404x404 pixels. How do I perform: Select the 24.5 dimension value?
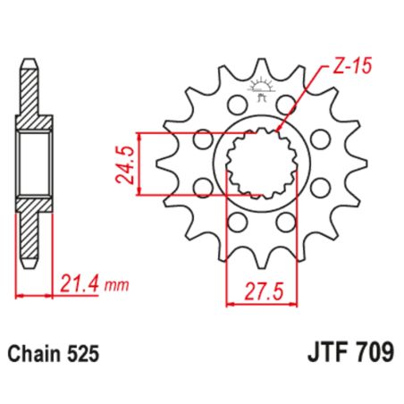pyautogui.click(x=126, y=164)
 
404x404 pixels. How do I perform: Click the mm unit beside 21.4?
pyautogui.click(x=116, y=287)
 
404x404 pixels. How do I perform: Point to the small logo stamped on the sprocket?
pyautogui.click(x=261, y=89)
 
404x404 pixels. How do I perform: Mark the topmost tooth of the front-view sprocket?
pyautogui.click(x=261, y=66)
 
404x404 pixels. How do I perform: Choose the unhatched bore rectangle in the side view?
pyautogui.click(x=34, y=164)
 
